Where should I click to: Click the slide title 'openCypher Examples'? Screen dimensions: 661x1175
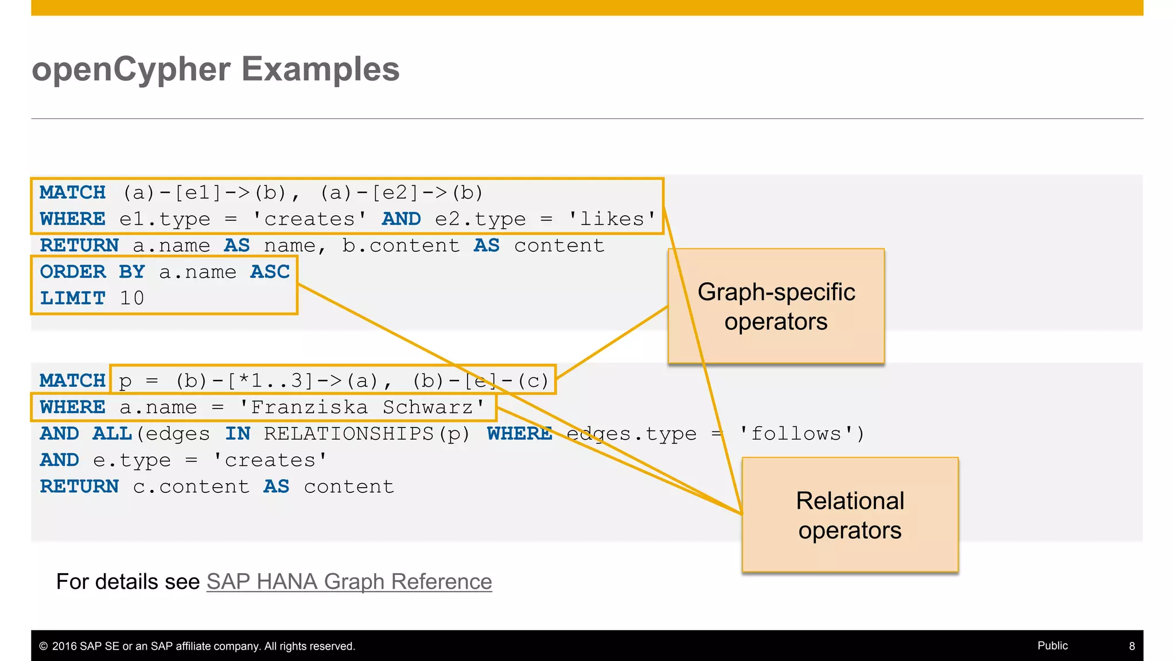coord(215,69)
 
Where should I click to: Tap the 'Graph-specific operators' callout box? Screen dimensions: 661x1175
coord(776,306)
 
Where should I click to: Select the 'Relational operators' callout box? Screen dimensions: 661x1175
coord(850,515)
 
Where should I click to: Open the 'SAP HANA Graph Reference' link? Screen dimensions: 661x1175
coord(349,582)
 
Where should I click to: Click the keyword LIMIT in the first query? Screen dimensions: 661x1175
coord(73,298)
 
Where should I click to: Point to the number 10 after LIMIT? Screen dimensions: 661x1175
coord(132,298)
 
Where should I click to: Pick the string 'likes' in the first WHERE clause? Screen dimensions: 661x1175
coord(612,219)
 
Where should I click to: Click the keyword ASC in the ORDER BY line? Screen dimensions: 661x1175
coord(270,272)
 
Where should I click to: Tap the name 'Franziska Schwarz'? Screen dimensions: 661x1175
coord(361,407)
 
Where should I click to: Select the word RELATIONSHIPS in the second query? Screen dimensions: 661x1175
coord(349,434)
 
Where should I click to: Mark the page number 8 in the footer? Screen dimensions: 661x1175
coord(1131,646)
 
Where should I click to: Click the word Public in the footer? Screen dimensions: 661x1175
coord(1052,646)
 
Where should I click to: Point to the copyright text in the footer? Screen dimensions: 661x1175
coord(197,646)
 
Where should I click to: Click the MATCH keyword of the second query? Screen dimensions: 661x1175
coord(73,381)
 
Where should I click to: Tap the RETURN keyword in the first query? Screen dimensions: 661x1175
coord(79,246)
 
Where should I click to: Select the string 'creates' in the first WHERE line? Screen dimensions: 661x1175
coord(309,219)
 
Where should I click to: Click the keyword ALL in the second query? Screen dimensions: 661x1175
coord(112,434)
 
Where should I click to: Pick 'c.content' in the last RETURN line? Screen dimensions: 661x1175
coord(191,487)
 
